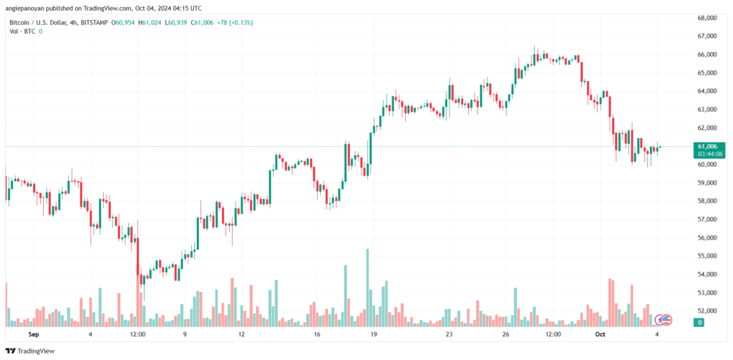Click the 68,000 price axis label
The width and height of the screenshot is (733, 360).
(706, 18)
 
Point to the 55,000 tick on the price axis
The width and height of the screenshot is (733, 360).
(706, 256)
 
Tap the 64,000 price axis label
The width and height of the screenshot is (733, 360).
(706, 91)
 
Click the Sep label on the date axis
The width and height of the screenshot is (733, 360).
(33, 335)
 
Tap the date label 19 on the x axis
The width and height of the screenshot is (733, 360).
(374, 335)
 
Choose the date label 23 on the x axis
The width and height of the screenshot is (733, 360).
(450, 335)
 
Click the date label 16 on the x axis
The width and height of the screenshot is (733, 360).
(316, 335)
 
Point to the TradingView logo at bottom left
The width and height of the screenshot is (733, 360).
(30, 351)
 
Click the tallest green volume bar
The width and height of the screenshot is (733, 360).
(367, 288)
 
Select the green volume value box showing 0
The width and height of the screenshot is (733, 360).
(700, 323)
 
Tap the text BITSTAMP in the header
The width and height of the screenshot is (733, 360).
(94, 22)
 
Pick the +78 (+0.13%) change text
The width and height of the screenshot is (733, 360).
(235, 22)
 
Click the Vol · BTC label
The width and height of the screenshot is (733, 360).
(22, 31)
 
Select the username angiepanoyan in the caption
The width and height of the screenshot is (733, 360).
(27, 7)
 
